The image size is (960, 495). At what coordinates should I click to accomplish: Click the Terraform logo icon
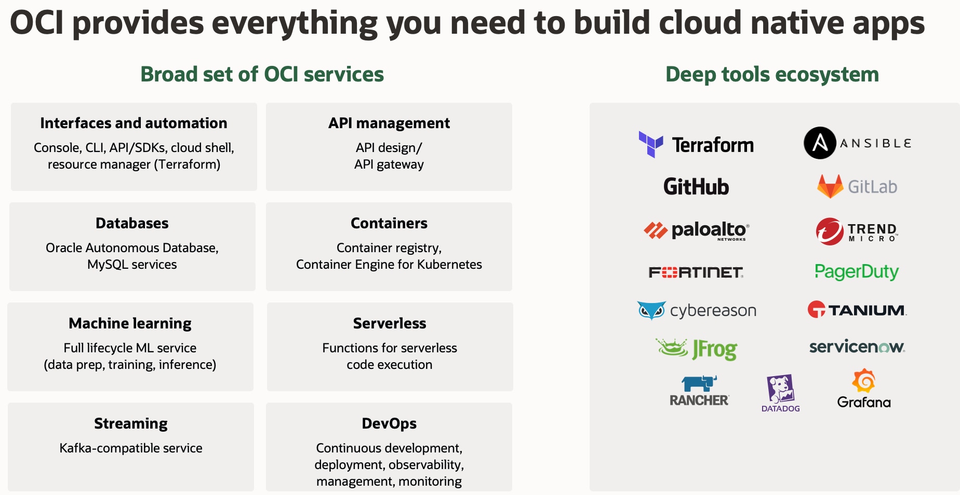[x=650, y=144]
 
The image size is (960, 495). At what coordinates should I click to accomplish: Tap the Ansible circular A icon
[x=820, y=143]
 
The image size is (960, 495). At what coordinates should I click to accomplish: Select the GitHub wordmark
[x=696, y=187]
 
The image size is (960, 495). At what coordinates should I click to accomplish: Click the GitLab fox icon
[x=830, y=186]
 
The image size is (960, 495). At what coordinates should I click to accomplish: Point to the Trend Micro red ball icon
[x=829, y=231]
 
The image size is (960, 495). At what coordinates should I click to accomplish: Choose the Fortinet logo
[x=696, y=272]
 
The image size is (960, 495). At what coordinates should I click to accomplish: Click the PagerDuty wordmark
[x=856, y=271]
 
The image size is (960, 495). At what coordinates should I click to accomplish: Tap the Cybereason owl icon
[x=651, y=310]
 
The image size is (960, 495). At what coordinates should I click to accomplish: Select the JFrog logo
[x=697, y=349]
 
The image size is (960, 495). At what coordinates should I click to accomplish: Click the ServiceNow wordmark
[x=857, y=347]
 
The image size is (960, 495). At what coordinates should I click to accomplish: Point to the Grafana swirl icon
[x=864, y=381]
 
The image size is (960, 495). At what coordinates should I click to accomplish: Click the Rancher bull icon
[x=699, y=383]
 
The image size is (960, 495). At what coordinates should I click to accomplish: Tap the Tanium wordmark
[x=866, y=310]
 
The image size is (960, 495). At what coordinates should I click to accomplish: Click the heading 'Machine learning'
[x=130, y=323]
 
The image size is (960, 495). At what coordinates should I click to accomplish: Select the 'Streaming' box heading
[x=131, y=423]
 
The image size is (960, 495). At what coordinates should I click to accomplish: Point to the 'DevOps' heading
[x=389, y=423]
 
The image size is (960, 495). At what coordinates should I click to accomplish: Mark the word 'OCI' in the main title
[x=36, y=23]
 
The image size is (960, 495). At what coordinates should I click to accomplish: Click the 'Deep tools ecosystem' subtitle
[x=772, y=74]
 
